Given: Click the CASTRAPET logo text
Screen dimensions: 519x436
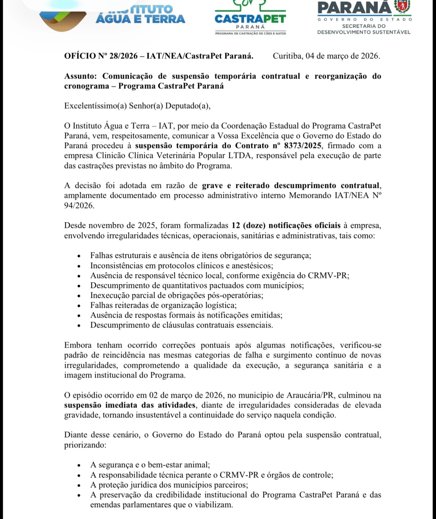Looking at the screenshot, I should (250, 19).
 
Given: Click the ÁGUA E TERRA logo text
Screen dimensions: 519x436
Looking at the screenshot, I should (140, 19).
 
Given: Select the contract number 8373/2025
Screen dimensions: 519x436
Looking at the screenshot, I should (302, 146).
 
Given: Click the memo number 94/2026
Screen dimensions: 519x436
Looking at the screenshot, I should (78, 205).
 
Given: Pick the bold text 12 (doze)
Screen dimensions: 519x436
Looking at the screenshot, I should (249, 225).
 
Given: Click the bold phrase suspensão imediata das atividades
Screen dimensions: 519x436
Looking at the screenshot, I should (130, 405).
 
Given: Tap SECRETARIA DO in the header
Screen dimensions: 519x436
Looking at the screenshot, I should (364, 26).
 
